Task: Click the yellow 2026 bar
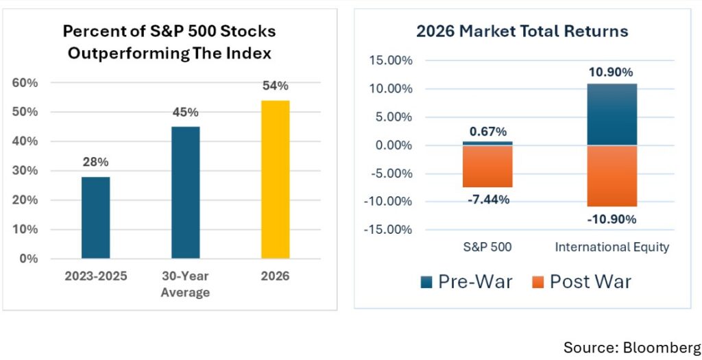(276, 179)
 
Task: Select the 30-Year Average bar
(186, 192)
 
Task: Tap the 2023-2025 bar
(96, 217)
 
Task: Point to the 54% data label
(276, 86)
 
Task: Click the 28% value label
(96, 162)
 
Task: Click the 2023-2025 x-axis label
(96, 276)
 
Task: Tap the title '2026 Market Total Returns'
(522, 31)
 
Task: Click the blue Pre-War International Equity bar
(612, 115)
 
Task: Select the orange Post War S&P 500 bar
(487, 166)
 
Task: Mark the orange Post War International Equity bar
(612, 176)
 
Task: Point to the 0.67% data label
(488, 132)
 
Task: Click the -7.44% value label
(488, 200)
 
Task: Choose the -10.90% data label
(612, 219)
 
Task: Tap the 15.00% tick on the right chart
(390, 60)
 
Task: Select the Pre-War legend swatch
(426, 283)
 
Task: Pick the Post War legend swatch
(538, 283)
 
